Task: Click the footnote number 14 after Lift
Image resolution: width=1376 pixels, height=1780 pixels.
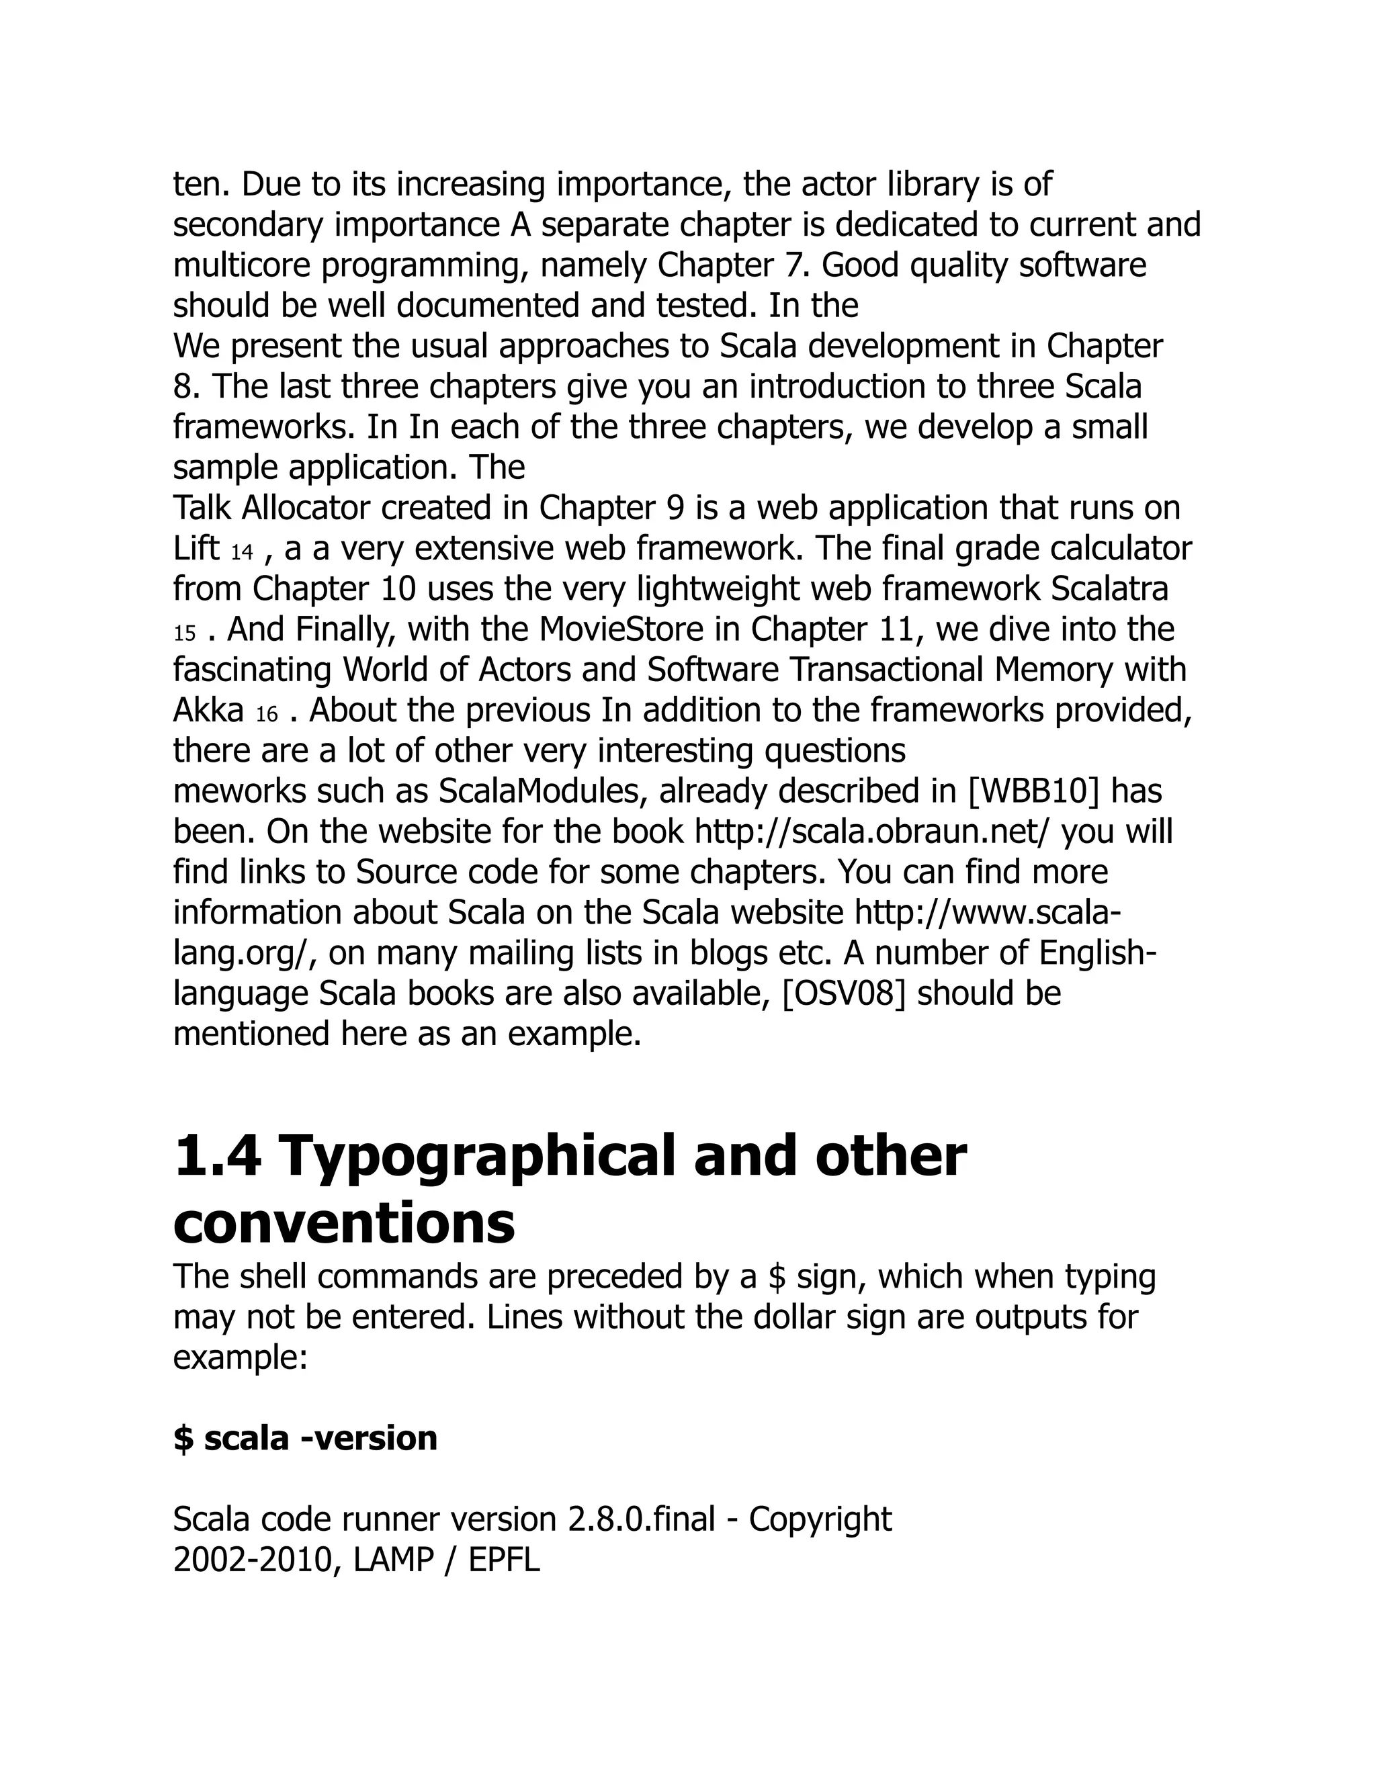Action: (x=242, y=553)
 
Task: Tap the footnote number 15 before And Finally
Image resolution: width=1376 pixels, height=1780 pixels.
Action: (x=185, y=634)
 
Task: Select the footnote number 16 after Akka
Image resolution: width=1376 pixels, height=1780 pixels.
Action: (x=267, y=715)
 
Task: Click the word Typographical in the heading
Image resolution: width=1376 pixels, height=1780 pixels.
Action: (x=477, y=1157)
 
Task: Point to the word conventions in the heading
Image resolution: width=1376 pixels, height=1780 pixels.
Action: (x=344, y=1224)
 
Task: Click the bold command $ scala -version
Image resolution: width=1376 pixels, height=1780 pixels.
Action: (x=305, y=1437)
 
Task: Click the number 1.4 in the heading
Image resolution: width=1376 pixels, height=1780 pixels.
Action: (x=218, y=1157)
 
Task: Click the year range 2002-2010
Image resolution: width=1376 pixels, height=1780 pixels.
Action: (x=252, y=1560)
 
